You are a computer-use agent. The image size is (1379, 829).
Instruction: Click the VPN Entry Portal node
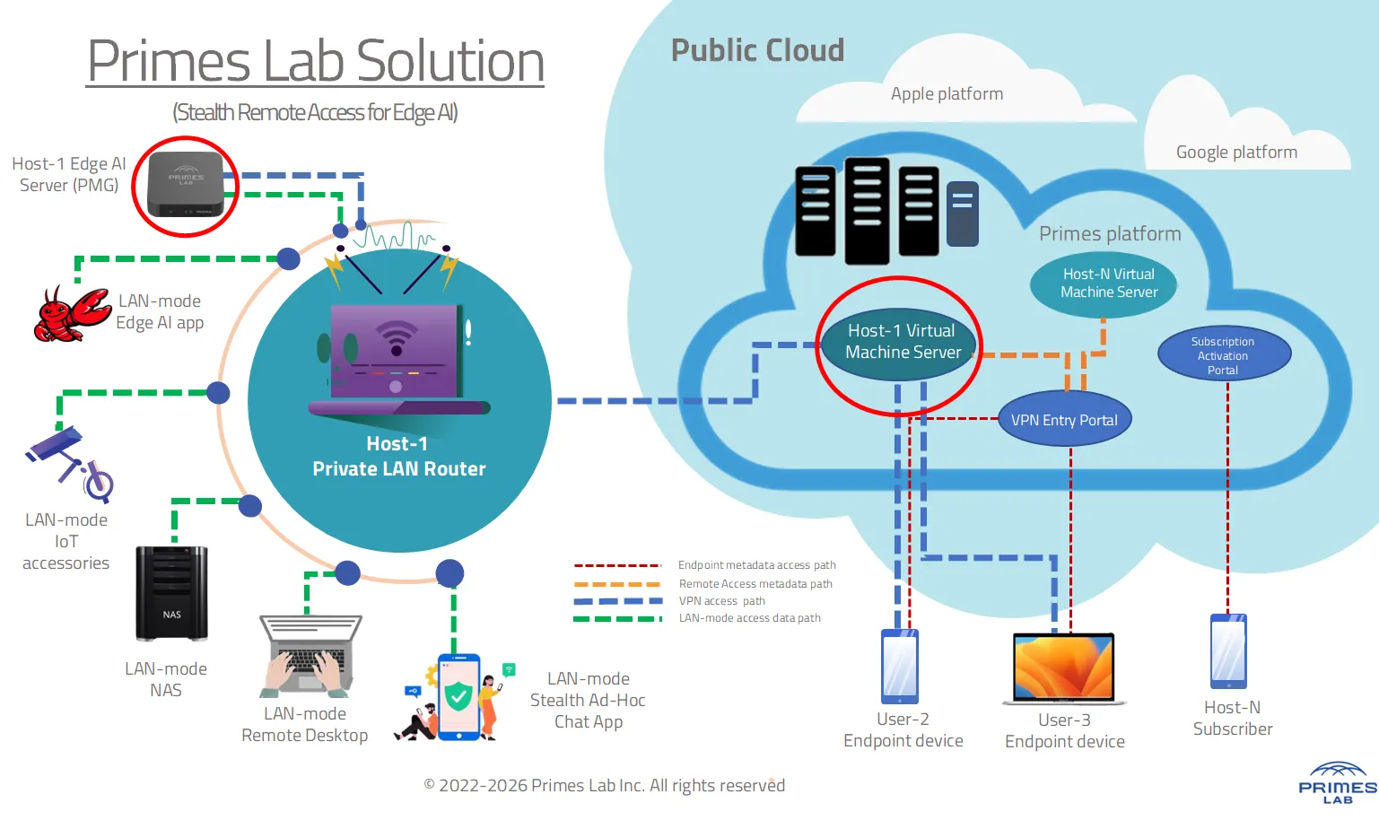[x=1064, y=420]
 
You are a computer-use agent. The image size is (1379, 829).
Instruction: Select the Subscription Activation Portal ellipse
[x=1224, y=354]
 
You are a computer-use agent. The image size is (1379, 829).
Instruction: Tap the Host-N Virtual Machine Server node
[x=1108, y=284]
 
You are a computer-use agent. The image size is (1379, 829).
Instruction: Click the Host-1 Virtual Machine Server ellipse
[x=902, y=342]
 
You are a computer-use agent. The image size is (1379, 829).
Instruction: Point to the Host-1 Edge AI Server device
[x=186, y=185]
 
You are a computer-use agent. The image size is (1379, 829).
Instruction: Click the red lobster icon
[x=71, y=315]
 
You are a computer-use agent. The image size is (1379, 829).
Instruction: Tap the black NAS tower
[x=171, y=593]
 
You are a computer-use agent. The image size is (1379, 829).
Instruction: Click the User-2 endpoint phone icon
[x=899, y=666]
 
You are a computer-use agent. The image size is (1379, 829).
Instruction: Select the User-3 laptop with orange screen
[x=1064, y=668]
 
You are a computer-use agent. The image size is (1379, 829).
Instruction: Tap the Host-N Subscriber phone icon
[x=1228, y=650]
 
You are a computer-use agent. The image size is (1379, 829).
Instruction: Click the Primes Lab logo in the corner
[x=1337, y=783]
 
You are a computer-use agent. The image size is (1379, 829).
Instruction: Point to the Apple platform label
[x=947, y=94]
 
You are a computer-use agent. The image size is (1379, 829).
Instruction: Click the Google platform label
[x=1236, y=153]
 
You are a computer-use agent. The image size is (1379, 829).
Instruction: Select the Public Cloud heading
[x=757, y=51]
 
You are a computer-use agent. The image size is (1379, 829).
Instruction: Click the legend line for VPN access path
[x=618, y=601]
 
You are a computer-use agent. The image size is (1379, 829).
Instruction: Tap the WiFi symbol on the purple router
[x=396, y=337]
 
